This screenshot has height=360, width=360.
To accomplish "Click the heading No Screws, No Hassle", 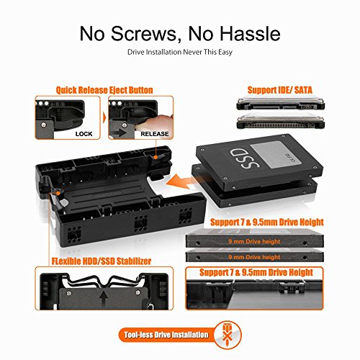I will point(179,33).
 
